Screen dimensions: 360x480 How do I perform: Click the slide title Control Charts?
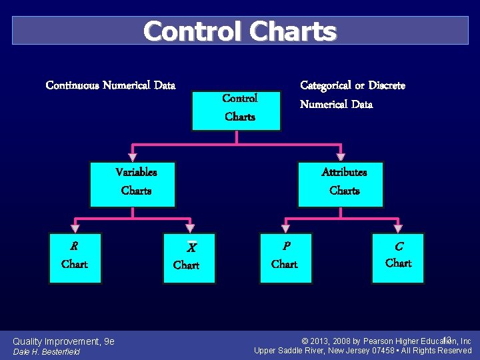click(x=240, y=31)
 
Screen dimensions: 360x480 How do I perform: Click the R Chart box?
click(x=75, y=257)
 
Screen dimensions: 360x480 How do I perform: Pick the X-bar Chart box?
click(x=189, y=257)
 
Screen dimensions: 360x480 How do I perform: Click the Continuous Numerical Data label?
click(x=111, y=85)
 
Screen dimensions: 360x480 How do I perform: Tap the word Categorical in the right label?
click(x=325, y=85)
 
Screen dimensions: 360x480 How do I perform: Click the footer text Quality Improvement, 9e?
click(x=64, y=341)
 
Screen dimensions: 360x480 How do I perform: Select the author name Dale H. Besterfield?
click(x=47, y=352)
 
